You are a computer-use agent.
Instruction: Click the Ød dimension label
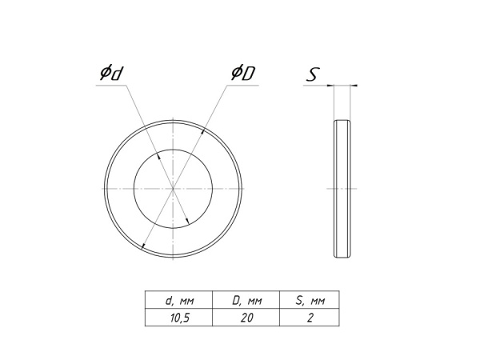tap(112, 73)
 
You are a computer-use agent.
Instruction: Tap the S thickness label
tap(313, 74)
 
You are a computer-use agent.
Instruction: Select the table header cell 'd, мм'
tap(179, 301)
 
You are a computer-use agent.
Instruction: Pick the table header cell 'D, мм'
tap(246, 301)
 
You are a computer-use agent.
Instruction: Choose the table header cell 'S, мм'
tap(310, 301)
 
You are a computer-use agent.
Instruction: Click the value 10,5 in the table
tap(180, 318)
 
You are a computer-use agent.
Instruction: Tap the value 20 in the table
tap(246, 318)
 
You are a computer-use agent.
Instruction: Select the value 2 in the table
tap(310, 318)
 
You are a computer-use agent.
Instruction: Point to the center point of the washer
tap(174, 189)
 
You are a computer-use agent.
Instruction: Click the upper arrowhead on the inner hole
tap(158, 156)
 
